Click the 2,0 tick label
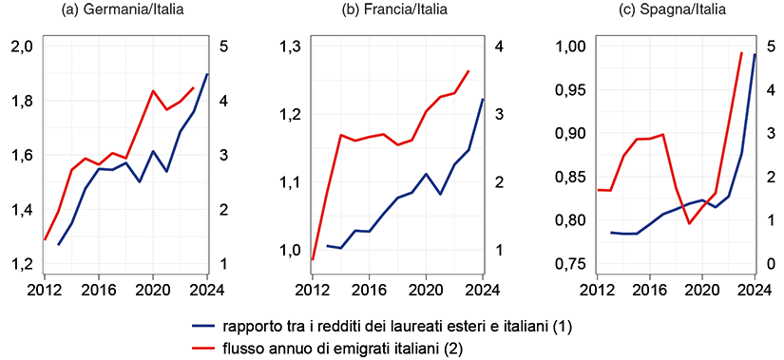tap(21, 47)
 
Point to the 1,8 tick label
tap(21, 101)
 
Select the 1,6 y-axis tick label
tap(21, 155)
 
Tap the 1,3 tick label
tap(287, 47)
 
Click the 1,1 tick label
tap(287, 182)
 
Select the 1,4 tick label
tap(21, 210)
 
